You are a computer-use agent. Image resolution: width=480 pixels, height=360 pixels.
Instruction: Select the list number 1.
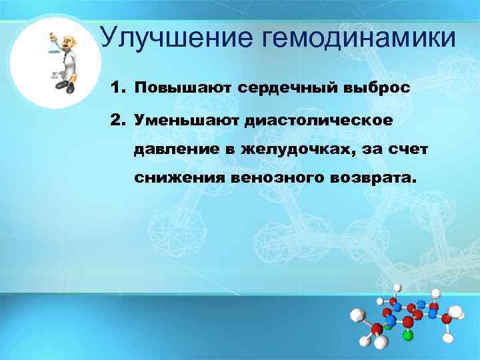[x=117, y=88]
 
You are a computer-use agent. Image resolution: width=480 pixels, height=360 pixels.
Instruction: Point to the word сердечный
[x=285, y=88]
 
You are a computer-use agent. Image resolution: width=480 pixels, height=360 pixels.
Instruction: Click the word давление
[x=174, y=150]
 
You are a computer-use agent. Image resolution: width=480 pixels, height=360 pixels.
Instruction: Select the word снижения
[x=179, y=179]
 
